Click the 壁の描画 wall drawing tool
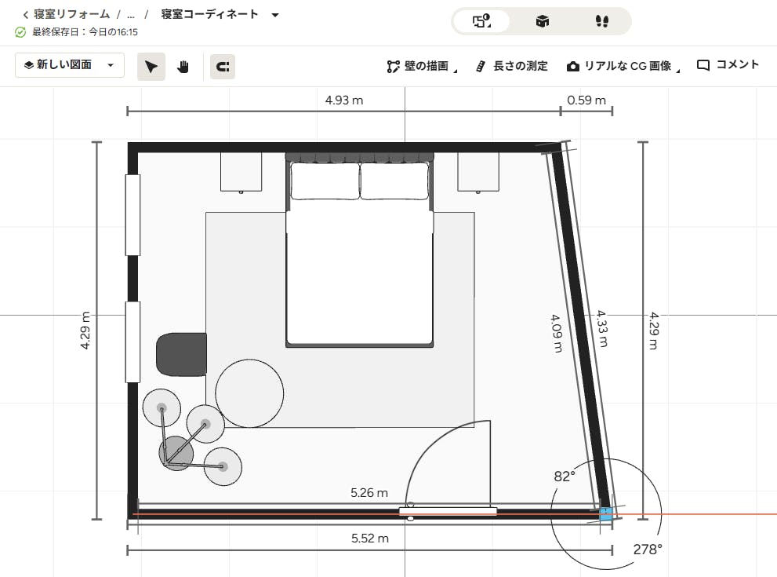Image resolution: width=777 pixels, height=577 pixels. pyautogui.click(x=422, y=66)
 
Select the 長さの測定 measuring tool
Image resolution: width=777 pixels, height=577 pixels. pyautogui.click(x=512, y=66)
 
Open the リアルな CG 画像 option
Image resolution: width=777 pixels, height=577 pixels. pyautogui.click(x=623, y=66)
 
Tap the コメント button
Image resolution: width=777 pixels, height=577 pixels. pyautogui.click(x=728, y=65)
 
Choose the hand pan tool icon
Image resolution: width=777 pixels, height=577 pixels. pyautogui.click(x=183, y=67)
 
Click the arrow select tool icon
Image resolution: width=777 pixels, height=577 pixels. pyautogui.click(x=151, y=67)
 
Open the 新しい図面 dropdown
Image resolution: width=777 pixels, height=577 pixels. pyautogui.click(x=69, y=65)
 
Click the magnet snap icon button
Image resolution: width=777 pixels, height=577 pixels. pyautogui.click(x=223, y=67)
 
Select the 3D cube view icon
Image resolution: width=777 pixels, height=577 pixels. pyautogui.click(x=542, y=21)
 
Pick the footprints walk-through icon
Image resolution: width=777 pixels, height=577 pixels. pyautogui.click(x=601, y=21)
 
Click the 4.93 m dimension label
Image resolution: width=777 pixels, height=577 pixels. pyautogui.click(x=344, y=100)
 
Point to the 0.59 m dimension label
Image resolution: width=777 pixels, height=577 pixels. pyautogui.click(x=586, y=100)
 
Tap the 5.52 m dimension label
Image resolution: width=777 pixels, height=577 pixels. pyautogui.click(x=369, y=539)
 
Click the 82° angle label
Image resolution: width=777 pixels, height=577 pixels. pyautogui.click(x=565, y=477)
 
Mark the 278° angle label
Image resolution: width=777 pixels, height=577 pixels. pyautogui.click(x=648, y=550)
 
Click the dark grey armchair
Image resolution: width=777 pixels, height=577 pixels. pyautogui.click(x=181, y=354)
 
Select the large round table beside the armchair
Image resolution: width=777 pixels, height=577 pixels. pyautogui.click(x=249, y=393)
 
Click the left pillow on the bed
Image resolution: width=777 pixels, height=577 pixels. pyautogui.click(x=325, y=181)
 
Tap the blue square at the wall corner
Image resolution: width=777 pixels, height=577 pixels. pyautogui.click(x=606, y=514)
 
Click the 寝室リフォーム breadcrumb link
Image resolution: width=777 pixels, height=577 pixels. pyautogui.click(x=71, y=14)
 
